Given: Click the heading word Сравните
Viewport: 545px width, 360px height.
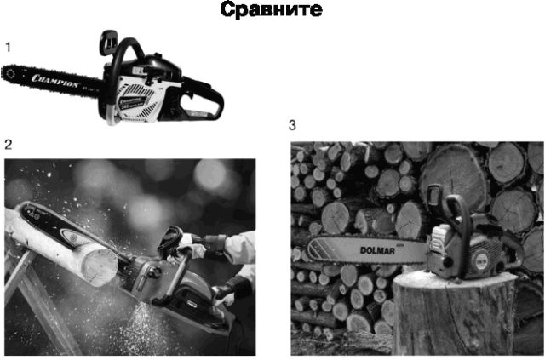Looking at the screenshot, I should [x=272, y=11].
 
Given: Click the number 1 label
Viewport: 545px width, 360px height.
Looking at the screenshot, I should [x=9, y=48].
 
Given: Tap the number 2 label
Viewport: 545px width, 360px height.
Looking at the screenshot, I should [x=9, y=144].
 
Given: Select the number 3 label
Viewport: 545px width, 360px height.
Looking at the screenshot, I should [x=293, y=124].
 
